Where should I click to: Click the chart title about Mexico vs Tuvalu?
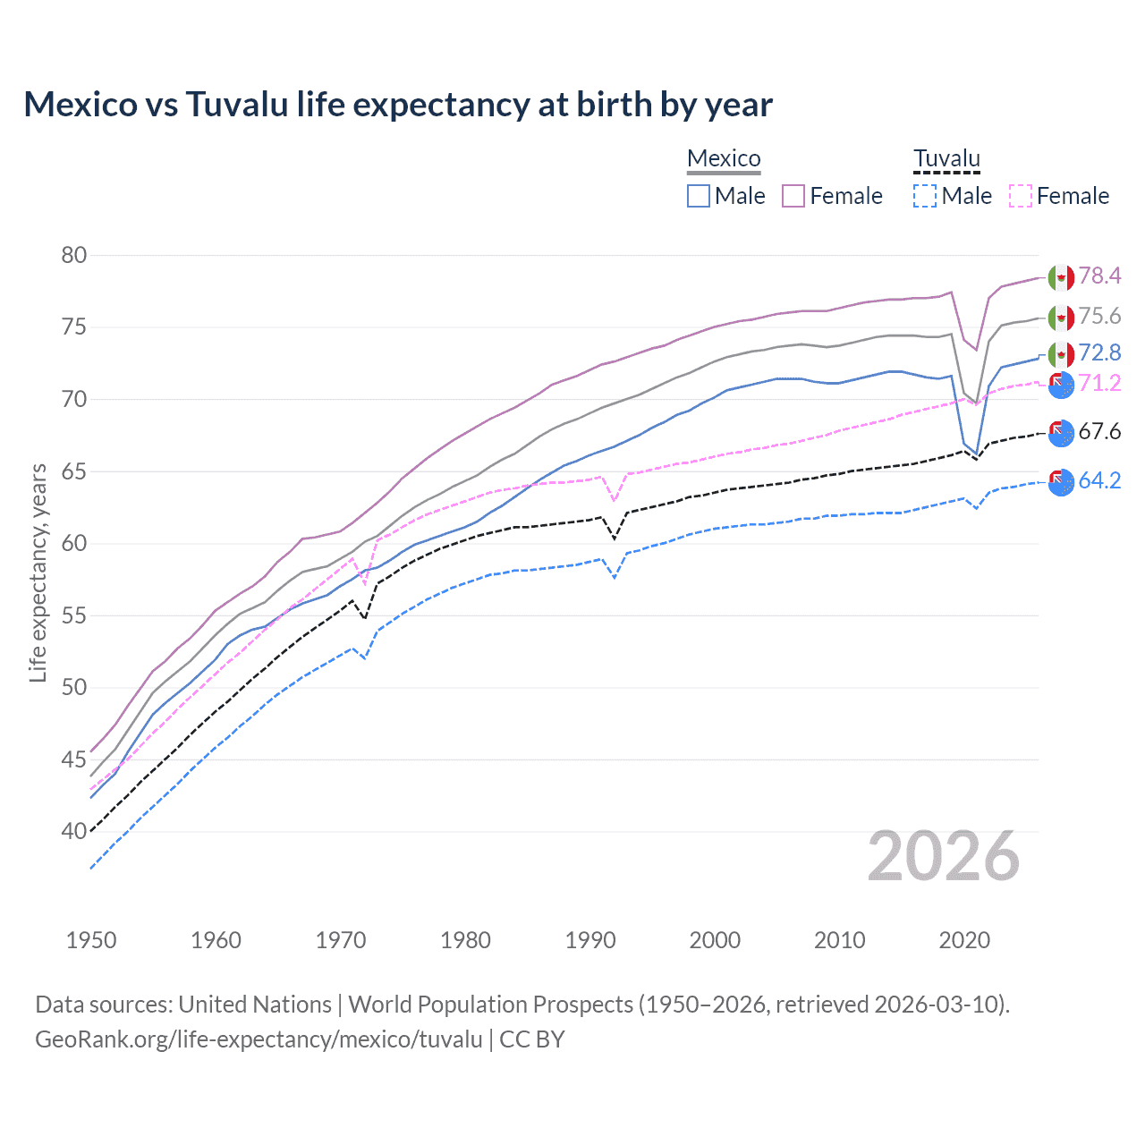coord(398,105)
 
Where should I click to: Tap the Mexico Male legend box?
coord(699,196)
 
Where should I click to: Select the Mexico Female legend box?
coord(793,196)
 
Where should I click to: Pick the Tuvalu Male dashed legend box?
coord(925,196)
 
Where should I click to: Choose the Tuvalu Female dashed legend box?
coord(1021,196)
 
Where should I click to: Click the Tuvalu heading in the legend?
coord(946,158)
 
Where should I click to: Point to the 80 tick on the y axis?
coord(74,255)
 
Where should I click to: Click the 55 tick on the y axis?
coord(74,615)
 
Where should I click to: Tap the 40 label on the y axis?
coord(74,831)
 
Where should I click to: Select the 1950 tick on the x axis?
coord(91,940)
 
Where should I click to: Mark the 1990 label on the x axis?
coord(590,940)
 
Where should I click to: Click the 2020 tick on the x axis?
coord(964,940)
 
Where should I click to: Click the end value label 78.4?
coord(1099,276)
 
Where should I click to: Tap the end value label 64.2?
coord(1099,480)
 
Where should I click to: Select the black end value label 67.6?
coord(1099,432)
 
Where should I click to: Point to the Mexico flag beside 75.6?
coord(1061,318)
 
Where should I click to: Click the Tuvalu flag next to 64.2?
coord(1061,482)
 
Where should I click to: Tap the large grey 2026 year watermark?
coord(944,856)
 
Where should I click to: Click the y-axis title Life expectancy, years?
coord(38,572)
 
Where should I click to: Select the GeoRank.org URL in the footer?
coord(259,1039)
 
